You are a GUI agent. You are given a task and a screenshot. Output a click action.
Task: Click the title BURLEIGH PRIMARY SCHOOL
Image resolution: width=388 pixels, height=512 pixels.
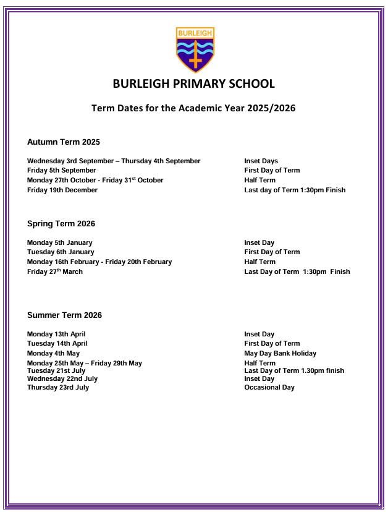(194, 84)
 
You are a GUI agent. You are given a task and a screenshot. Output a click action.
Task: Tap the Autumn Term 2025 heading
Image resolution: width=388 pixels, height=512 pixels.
(64, 142)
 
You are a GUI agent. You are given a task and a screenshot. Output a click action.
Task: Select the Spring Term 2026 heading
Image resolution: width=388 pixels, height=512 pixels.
(61, 224)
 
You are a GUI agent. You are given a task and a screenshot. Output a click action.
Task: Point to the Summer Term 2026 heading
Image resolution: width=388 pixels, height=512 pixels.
(64, 315)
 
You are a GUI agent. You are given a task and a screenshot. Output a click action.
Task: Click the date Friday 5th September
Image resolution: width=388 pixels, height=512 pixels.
(62, 171)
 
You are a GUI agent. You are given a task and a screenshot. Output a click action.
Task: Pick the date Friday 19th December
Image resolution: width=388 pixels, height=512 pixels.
(62, 190)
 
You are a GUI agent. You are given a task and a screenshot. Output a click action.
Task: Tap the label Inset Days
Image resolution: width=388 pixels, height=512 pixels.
(261, 161)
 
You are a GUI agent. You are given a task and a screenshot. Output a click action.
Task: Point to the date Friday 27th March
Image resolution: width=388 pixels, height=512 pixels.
(55, 271)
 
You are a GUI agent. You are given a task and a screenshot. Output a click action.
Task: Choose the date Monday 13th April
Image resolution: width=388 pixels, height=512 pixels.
(56, 335)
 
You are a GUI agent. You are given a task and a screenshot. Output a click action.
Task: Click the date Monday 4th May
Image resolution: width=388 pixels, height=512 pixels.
(53, 354)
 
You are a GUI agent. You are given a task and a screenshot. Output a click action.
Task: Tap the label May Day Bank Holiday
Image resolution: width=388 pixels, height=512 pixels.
(280, 354)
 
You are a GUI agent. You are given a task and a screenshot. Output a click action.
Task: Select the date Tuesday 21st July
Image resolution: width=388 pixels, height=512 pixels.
(56, 371)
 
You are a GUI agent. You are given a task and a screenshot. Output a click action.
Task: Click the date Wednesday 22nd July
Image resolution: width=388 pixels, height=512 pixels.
(62, 379)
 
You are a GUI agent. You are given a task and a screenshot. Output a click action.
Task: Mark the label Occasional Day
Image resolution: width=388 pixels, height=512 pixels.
(269, 388)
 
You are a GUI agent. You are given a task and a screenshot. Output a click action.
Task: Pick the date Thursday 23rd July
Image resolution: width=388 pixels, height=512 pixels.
(58, 388)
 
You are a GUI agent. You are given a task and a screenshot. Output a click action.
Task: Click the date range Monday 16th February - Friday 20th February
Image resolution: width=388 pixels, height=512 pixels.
(99, 262)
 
